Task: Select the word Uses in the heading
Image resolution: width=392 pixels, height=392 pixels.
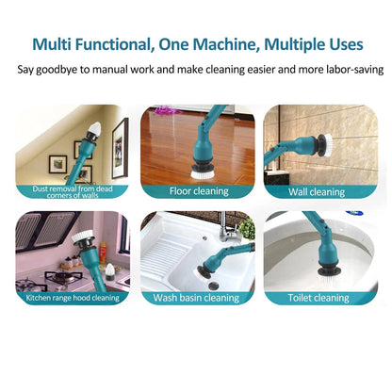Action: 340,43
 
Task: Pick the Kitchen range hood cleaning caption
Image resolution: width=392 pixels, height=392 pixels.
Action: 73,298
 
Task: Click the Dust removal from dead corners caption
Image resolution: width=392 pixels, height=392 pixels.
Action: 73,192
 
